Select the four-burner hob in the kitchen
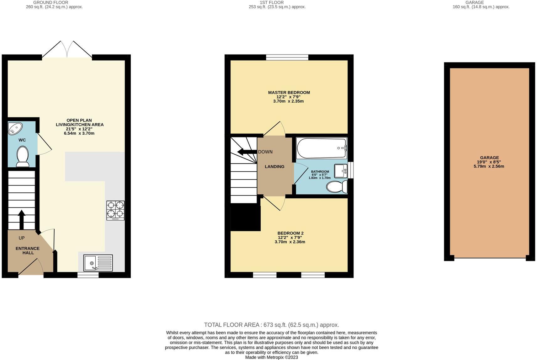point(115,210)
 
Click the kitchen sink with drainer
point(98,263)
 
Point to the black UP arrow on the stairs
point(22,219)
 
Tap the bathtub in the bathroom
point(321,148)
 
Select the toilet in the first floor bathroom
point(337,187)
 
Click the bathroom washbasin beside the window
point(341,171)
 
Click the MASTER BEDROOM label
point(289,93)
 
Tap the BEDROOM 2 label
point(290,233)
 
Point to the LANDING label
point(274,167)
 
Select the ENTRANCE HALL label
point(28,250)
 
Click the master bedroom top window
point(287,57)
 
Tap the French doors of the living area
point(67,50)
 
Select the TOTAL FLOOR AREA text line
point(271,325)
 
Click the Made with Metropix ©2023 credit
point(271,357)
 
